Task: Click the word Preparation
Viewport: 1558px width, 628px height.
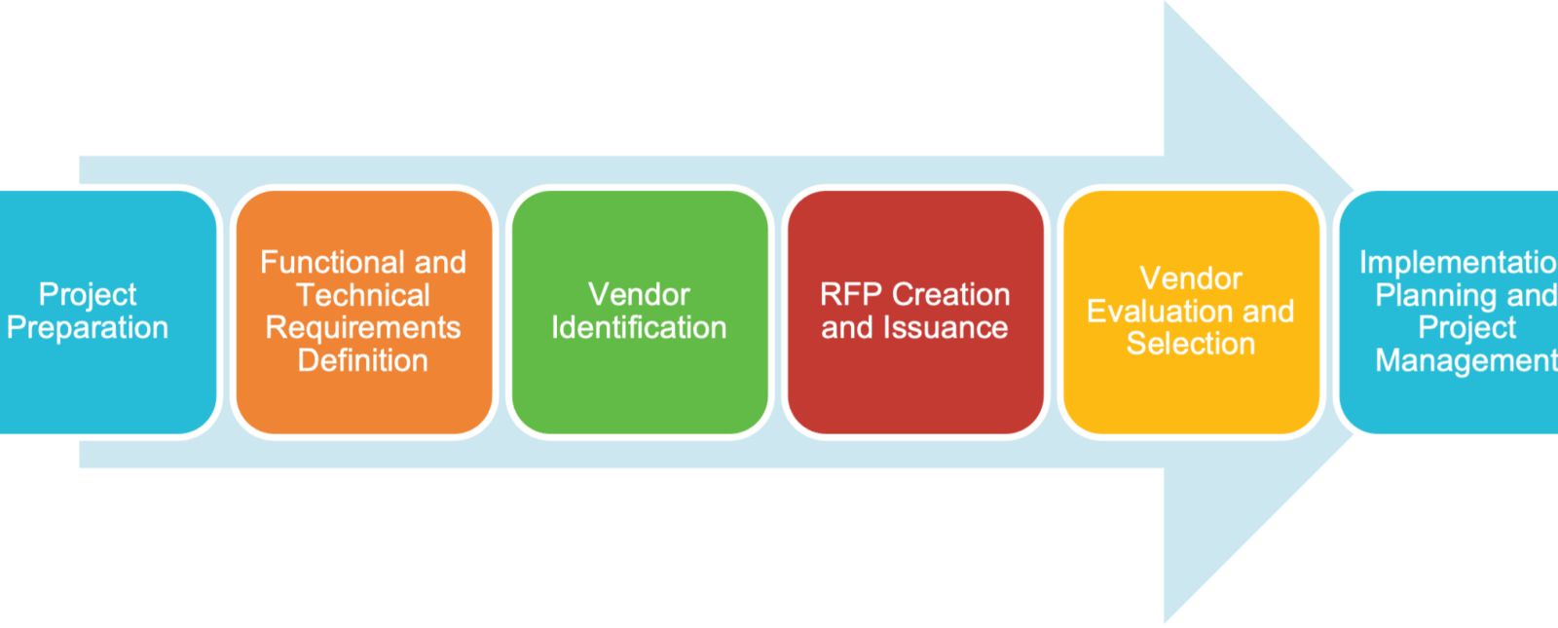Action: [x=88, y=328]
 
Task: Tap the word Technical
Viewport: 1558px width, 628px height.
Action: [x=362, y=295]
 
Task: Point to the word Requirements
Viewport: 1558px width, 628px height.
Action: [x=362, y=327]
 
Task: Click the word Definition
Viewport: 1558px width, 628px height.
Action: [x=362, y=360]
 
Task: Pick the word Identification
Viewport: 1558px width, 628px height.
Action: [x=639, y=328]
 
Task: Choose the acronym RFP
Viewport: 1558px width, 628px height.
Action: [x=850, y=295]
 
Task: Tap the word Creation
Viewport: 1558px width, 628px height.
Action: [x=950, y=295]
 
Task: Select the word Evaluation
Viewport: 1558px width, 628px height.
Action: [x=1160, y=312]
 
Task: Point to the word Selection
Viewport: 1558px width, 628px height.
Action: [x=1190, y=344]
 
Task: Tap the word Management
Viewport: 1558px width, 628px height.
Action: [x=1465, y=360]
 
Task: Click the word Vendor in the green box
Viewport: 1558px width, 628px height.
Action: [x=639, y=295]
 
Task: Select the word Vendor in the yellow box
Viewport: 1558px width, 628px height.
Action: [x=1190, y=278]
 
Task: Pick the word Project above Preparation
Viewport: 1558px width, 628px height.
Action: [x=88, y=295]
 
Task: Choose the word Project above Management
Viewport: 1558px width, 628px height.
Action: [x=1466, y=327]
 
